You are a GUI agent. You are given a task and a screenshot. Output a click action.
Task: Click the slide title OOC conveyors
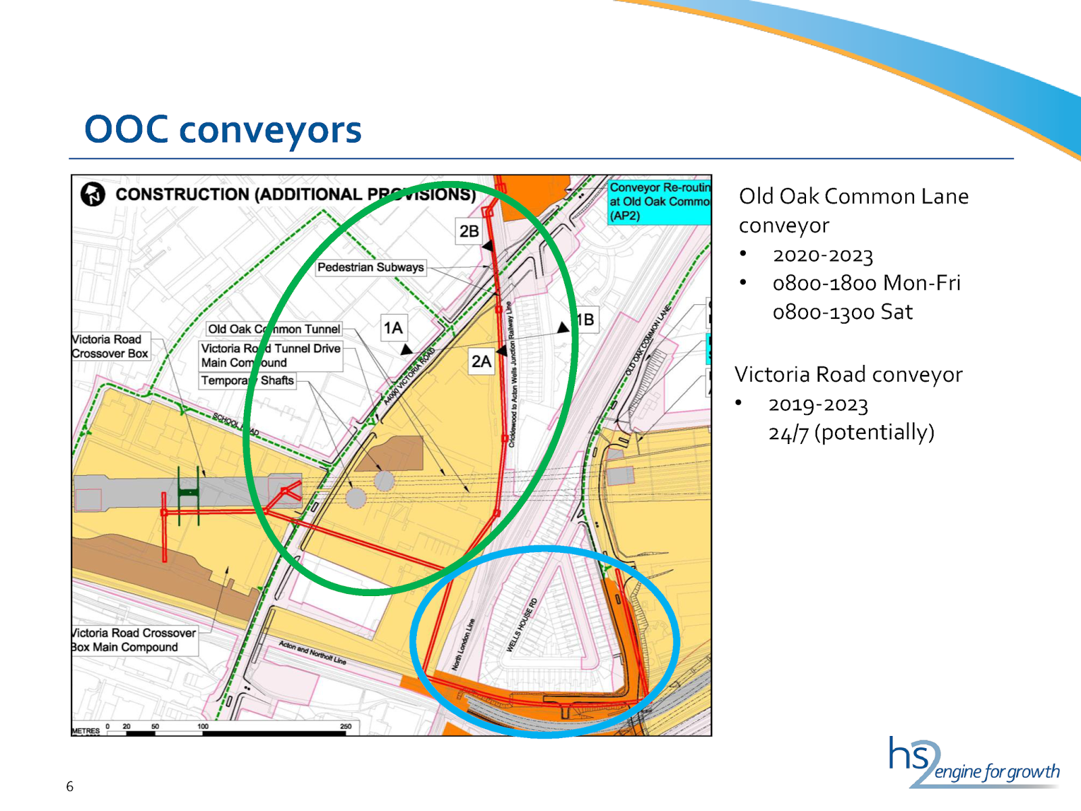click(223, 129)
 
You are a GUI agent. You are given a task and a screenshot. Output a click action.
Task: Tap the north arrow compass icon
click(93, 194)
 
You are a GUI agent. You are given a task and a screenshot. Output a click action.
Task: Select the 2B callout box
click(469, 231)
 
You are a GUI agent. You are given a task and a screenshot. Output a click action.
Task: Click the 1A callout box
click(393, 328)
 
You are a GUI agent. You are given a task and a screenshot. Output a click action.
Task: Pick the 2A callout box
click(481, 362)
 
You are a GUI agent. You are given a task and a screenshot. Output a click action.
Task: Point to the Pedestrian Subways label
click(370, 268)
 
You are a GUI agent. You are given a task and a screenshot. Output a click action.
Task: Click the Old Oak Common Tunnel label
click(274, 329)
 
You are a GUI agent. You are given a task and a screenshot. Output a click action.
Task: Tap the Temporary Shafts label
click(247, 380)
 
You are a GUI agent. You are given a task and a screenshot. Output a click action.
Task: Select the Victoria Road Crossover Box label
click(109, 347)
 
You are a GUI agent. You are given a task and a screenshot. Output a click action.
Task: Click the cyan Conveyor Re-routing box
click(659, 201)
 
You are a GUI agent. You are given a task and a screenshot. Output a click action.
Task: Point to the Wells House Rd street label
click(522, 625)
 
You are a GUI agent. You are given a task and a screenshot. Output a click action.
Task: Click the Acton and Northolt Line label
click(312, 652)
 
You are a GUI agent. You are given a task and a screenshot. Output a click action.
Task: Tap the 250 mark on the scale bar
click(345, 727)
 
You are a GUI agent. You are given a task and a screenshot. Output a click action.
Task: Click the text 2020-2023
click(822, 255)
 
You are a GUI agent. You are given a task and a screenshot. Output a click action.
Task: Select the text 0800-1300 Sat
click(842, 312)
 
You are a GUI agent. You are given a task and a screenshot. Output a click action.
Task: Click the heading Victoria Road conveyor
click(848, 374)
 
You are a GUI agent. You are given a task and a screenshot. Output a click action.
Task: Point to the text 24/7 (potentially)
click(851, 433)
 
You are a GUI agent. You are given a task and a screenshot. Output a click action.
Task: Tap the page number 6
click(70, 786)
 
